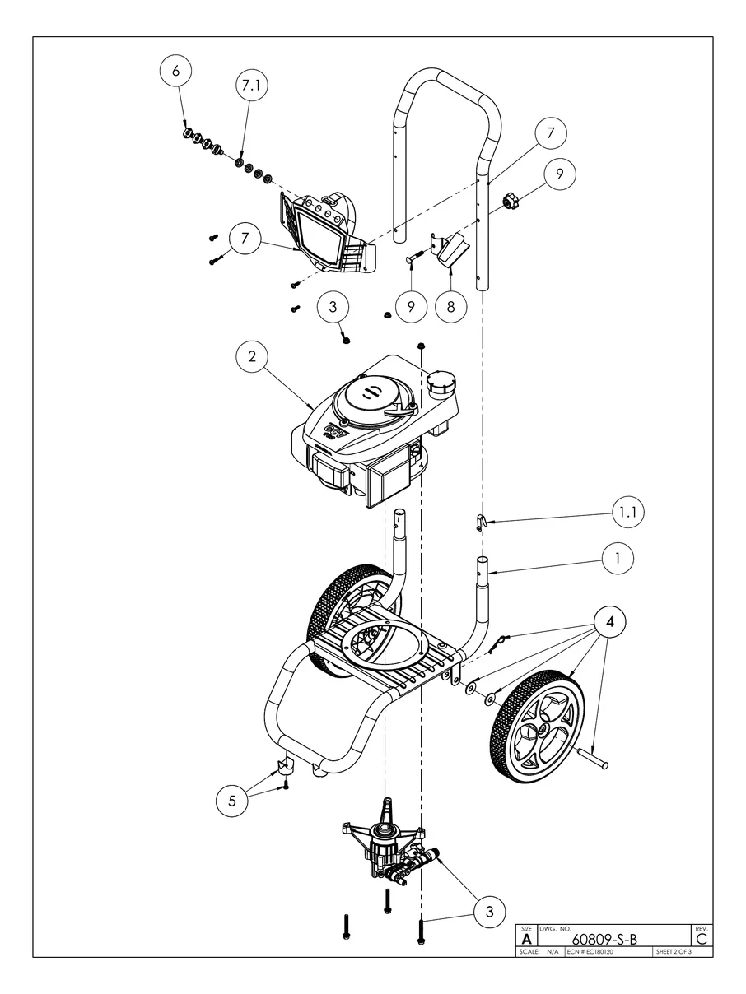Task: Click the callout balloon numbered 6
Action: [175, 72]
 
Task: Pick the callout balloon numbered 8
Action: [450, 306]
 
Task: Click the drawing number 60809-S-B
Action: [604, 940]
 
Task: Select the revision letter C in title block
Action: [702, 938]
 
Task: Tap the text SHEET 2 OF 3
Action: [673, 952]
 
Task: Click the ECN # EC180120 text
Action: [590, 952]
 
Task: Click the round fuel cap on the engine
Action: [441, 382]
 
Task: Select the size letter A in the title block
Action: [527, 939]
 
